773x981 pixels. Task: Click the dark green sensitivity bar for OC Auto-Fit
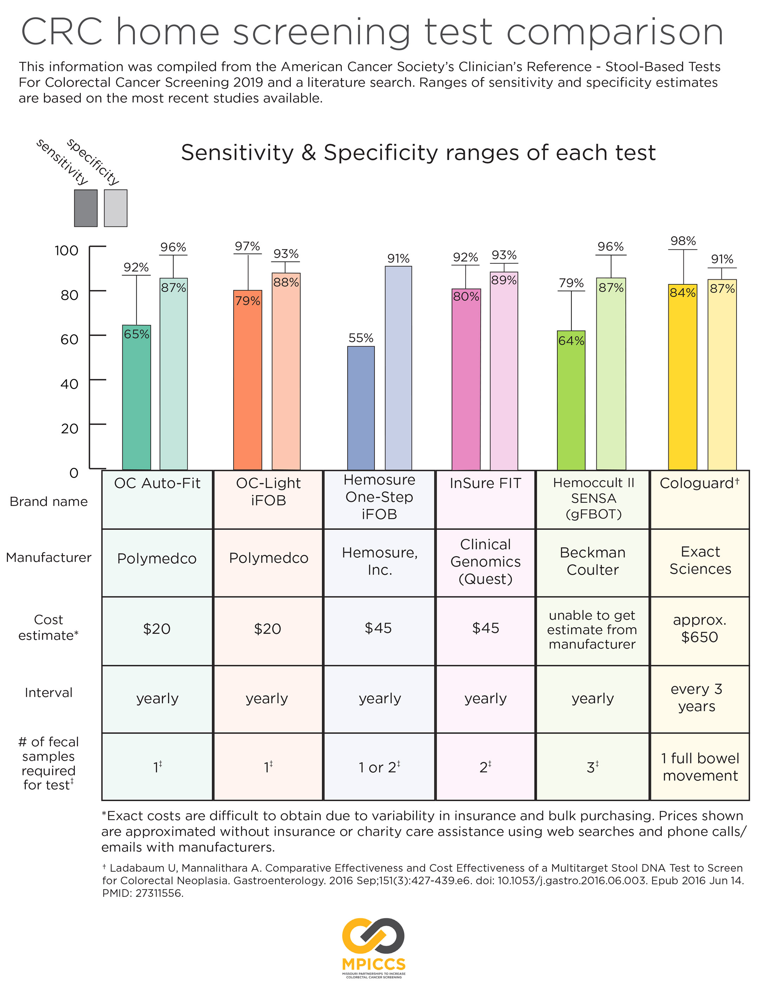pyautogui.click(x=136, y=398)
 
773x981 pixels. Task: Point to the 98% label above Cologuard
pyautogui.click(x=683, y=241)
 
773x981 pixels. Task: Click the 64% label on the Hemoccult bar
pyautogui.click(x=571, y=341)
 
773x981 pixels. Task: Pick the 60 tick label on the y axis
pyautogui.click(x=69, y=339)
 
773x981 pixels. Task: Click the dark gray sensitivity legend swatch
pyautogui.click(x=85, y=208)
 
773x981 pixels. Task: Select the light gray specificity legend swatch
pyautogui.click(x=115, y=208)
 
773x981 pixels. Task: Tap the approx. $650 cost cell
pyautogui.click(x=700, y=629)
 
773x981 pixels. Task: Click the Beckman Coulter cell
pyautogui.click(x=592, y=561)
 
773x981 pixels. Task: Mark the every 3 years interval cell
pyautogui.click(x=696, y=698)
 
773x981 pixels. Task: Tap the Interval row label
pyautogui.click(x=48, y=692)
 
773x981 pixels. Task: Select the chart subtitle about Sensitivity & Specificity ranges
pyautogui.click(x=418, y=153)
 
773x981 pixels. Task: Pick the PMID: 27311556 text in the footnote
pyautogui.click(x=143, y=894)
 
